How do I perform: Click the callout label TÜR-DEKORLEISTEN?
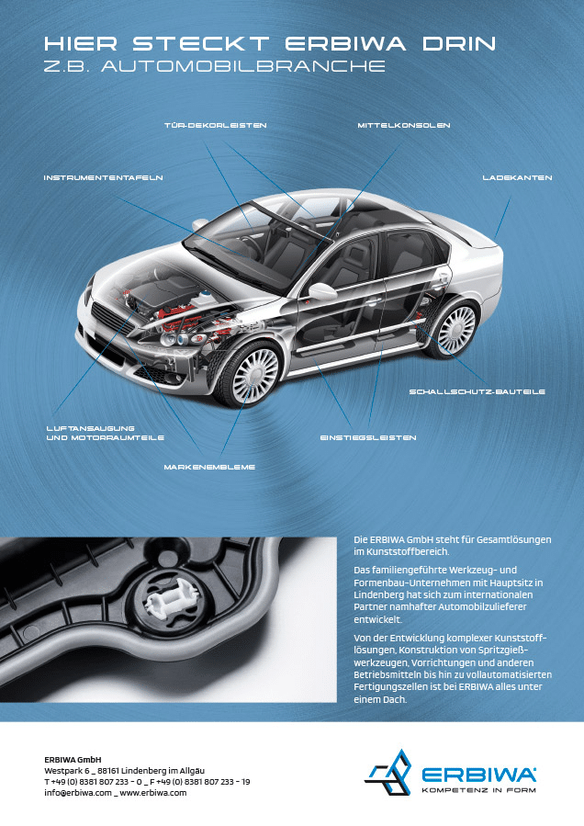coord(216,125)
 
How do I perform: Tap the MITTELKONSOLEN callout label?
coord(404,125)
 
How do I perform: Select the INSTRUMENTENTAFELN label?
coord(103,178)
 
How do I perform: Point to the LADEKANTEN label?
coord(517,178)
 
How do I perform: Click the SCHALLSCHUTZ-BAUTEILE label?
coord(477,392)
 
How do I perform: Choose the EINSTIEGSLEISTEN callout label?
coord(368,437)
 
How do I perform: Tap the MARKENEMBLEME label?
coord(209,468)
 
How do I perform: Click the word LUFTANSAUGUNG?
coord(91,428)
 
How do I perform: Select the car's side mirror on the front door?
coord(321,290)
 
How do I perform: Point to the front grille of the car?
coord(113,317)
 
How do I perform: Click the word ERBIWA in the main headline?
coord(346,44)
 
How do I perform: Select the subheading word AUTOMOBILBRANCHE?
coord(243,66)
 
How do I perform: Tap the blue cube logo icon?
coord(388,773)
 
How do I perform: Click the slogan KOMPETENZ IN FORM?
coord(478,789)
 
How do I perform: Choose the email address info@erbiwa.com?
coord(78,793)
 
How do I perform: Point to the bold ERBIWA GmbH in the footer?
coord(73,760)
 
